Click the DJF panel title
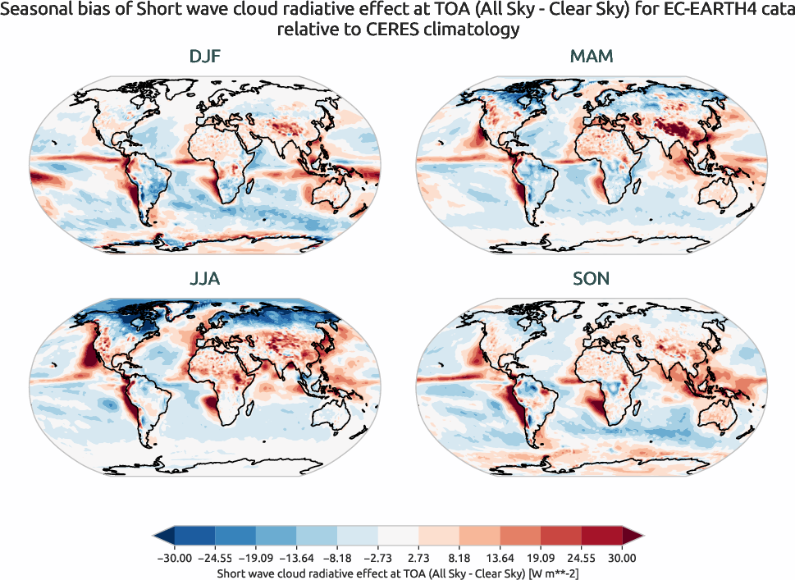click(205, 57)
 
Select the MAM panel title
click(591, 57)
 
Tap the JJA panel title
click(205, 279)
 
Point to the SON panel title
click(591, 279)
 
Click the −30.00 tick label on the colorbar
click(173, 558)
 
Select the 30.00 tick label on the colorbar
click(622, 558)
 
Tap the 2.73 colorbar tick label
click(418, 558)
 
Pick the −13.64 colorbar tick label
click(296, 558)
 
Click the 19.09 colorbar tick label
click(541, 558)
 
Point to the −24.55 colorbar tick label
click(214, 558)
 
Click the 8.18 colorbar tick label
click(459, 558)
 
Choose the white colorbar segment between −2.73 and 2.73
click(398, 536)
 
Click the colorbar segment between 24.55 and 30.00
click(601, 536)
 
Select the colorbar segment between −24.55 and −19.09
click(235, 536)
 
